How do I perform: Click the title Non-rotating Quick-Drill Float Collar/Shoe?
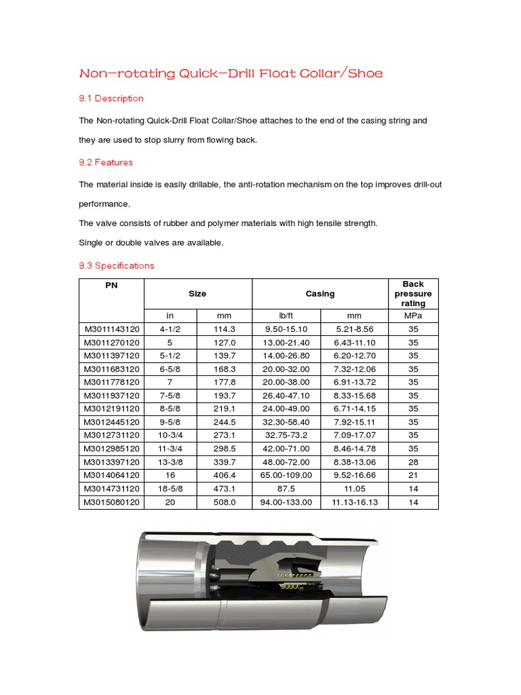click(x=231, y=73)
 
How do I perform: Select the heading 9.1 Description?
click(x=111, y=98)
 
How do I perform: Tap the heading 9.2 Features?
click(x=106, y=162)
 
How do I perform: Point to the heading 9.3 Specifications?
click(x=117, y=265)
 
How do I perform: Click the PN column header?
click(x=111, y=285)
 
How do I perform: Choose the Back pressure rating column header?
click(x=412, y=293)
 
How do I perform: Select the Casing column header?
click(x=320, y=294)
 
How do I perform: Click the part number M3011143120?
click(x=111, y=329)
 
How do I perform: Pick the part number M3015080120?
click(x=111, y=502)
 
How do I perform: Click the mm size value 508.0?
click(x=224, y=502)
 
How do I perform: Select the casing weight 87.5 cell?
click(x=286, y=489)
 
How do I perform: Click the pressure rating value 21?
click(x=412, y=476)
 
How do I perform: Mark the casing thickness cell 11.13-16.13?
click(x=353, y=502)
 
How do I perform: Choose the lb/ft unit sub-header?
click(x=286, y=316)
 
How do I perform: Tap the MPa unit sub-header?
click(x=412, y=316)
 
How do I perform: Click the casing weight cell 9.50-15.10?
click(x=286, y=329)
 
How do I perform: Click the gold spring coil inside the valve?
click(x=290, y=585)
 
